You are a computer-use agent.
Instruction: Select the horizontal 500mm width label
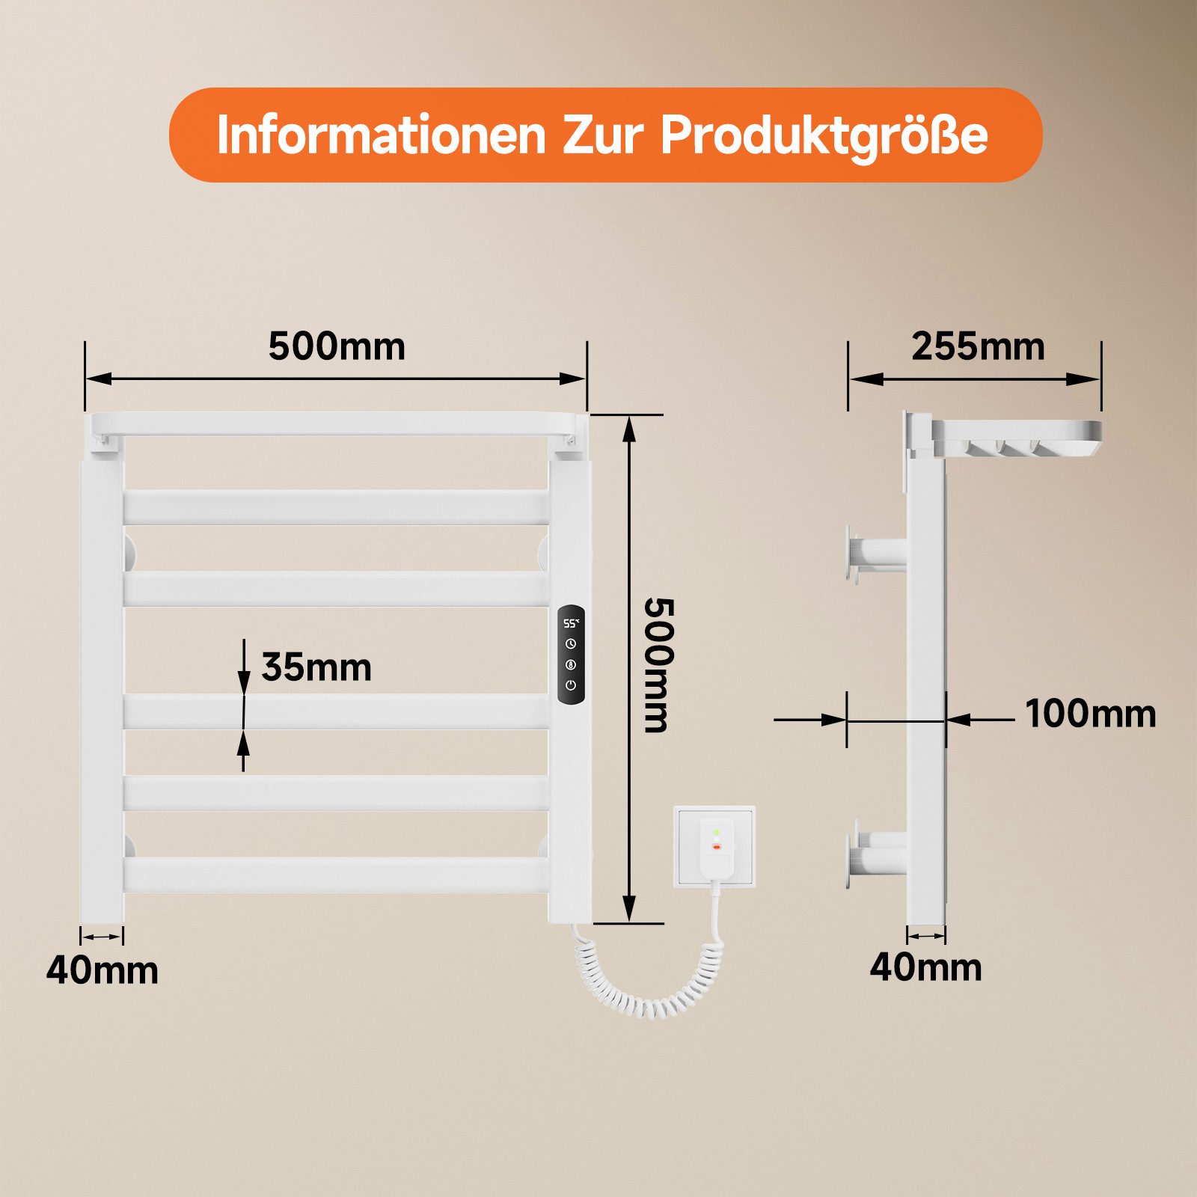pos(337,346)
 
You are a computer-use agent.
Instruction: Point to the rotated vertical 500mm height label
pos(659,664)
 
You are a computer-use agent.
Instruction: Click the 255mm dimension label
pos(978,346)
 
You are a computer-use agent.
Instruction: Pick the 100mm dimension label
pos(1090,714)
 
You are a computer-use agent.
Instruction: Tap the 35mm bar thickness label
pos(316,667)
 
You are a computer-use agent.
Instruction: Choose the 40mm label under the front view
pos(102,970)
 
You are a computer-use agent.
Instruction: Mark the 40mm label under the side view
pos(925,967)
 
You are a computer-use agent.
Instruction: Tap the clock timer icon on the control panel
pos(571,643)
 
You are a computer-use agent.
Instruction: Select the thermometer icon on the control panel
pos(571,664)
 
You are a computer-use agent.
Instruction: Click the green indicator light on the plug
pos(716,831)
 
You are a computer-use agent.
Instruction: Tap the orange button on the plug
pos(716,847)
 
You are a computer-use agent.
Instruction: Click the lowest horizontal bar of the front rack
pos(336,875)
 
